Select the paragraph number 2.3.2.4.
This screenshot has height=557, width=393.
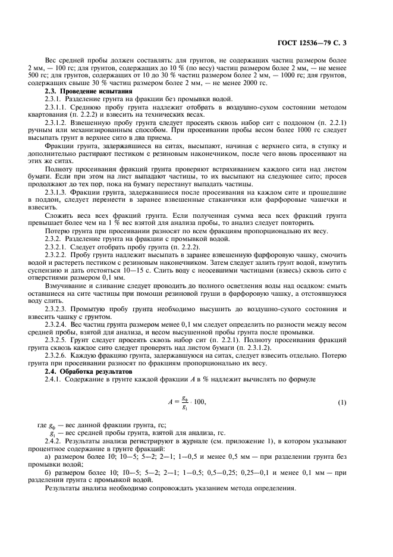pyautogui.click(x=57, y=324)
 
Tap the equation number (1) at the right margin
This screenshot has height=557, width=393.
pyautogui.click(x=342, y=403)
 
